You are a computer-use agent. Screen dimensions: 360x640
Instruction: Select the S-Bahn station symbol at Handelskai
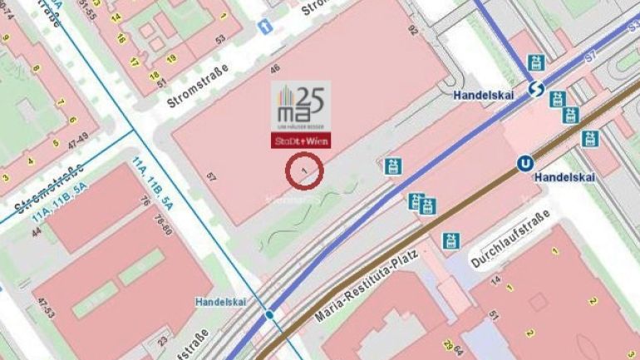(535, 88)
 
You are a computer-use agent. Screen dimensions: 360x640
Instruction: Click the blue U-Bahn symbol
(524, 164)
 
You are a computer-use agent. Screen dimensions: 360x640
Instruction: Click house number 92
(413, 31)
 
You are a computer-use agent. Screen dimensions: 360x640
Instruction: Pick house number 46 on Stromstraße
(275, 68)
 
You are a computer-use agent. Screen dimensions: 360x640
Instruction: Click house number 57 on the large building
(212, 175)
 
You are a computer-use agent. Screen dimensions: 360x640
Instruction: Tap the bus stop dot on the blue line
(270, 315)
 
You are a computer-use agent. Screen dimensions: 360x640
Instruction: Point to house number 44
(37, 232)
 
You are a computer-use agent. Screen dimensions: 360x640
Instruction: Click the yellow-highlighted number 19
(172, 58)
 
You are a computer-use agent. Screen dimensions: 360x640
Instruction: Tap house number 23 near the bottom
(163, 340)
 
